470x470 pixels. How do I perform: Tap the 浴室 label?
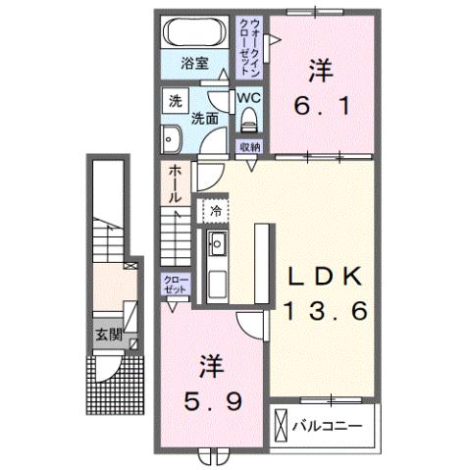(194, 64)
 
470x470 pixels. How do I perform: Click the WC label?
(248, 99)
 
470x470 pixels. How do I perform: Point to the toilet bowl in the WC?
(249, 121)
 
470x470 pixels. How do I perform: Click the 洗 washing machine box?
(175, 100)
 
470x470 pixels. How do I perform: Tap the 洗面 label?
(204, 119)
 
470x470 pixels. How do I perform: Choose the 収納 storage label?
(249, 145)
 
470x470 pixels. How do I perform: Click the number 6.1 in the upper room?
(317, 102)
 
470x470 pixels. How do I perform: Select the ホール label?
(175, 183)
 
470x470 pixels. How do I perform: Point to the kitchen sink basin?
(218, 244)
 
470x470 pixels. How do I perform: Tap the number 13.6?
(326, 312)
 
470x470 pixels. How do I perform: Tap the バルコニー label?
(328, 427)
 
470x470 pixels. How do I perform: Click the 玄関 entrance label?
(107, 334)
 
